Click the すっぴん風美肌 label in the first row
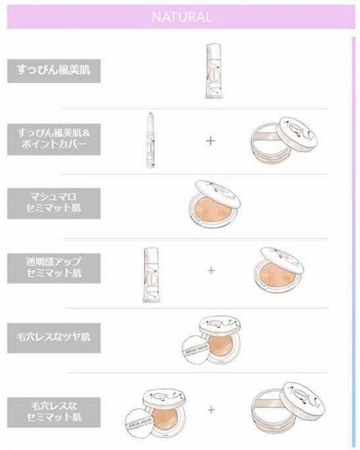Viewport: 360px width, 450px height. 54,70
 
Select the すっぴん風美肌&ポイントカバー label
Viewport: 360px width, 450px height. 54,137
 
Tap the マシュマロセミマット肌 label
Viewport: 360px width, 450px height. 54,202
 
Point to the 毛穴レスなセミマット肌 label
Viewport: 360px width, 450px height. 54,409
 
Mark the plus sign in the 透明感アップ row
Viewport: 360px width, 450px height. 210,270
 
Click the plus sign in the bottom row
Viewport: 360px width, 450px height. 210,410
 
